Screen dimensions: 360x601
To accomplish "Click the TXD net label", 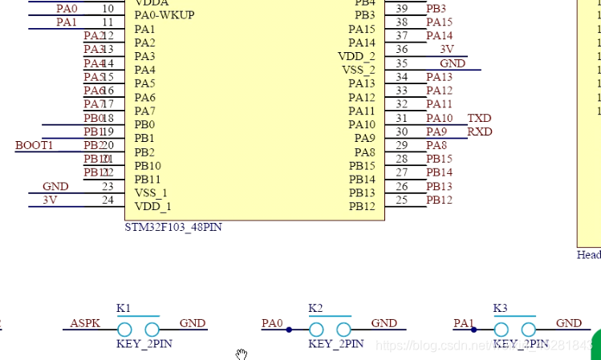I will (479, 119).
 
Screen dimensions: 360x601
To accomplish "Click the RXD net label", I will (480, 132).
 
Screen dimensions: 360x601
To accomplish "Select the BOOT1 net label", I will (34, 145).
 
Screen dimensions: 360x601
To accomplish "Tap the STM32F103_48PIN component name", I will (173, 228).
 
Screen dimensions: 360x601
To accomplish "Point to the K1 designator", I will (124, 309).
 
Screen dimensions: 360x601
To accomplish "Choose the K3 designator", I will (500, 309).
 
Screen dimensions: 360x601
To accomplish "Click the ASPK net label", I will (85, 323).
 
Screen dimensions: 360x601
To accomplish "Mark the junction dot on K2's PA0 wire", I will (289, 330).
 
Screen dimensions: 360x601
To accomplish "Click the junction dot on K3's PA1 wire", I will (474, 330).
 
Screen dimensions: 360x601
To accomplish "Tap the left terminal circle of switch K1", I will (124, 330).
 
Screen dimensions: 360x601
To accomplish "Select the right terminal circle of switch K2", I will (344, 330).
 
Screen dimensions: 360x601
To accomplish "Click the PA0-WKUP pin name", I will (164, 15).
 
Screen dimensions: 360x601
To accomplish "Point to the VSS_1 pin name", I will (151, 192).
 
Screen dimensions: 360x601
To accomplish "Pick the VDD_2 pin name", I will (356, 56).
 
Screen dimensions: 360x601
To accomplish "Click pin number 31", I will (402, 119).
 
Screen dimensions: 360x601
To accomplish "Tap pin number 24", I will (108, 200).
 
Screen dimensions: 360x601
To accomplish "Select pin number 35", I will (402, 63).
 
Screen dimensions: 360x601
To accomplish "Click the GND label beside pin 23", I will (55, 187).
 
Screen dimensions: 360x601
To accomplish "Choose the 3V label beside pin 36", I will (447, 50).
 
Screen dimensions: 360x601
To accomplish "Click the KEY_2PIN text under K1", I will (144, 344).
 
